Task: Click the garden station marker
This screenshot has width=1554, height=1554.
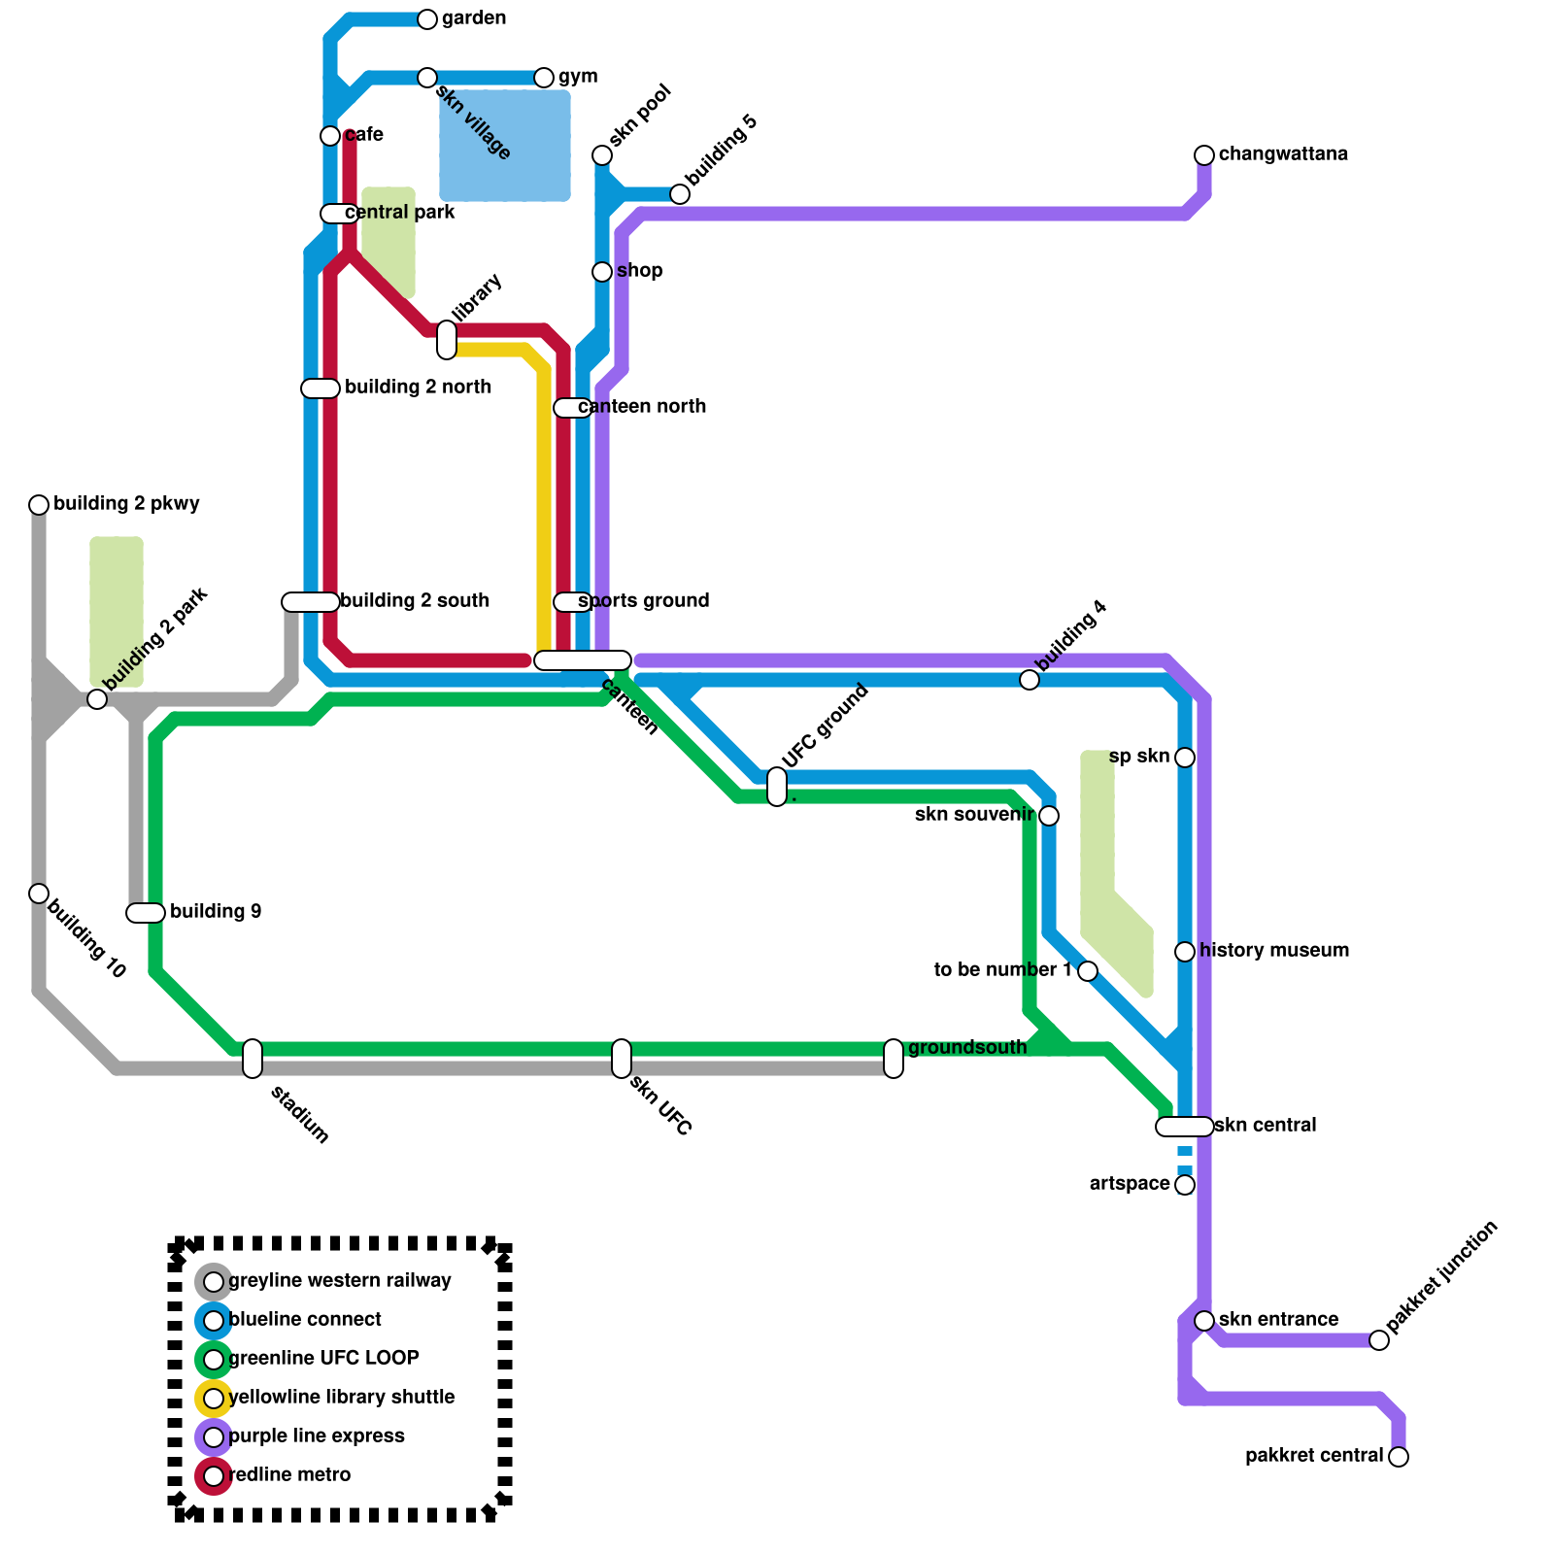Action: tap(427, 19)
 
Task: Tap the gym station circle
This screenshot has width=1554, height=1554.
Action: tap(544, 78)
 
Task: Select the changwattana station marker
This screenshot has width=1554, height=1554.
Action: tap(1204, 155)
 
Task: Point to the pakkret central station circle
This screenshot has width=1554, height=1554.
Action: tap(1399, 1457)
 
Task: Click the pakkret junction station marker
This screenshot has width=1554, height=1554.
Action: tap(1379, 1340)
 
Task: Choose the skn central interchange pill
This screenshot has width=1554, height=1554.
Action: tap(1185, 1127)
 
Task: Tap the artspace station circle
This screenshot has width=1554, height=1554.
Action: tap(1185, 1185)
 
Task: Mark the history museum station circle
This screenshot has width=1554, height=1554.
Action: tap(1185, 952)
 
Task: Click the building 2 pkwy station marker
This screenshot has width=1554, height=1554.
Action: tap(39, 505)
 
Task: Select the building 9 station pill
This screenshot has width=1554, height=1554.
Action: tap(146, 913)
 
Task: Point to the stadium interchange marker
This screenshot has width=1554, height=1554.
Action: tap(253, 1059)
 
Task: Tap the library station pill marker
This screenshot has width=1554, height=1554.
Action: tap(447, 340)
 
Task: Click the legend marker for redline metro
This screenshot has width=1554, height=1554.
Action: tap(214, 1476)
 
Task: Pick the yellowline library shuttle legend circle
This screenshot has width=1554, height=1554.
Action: tap(214, 1399)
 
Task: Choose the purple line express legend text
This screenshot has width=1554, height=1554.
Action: tap(317, 1436)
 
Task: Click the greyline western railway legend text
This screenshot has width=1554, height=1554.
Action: tap(340, 1281)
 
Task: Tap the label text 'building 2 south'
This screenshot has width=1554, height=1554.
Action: tap(415, 601)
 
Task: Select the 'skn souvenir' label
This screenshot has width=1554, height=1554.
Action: tap(974, 815)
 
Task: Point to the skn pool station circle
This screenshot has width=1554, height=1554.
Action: tap(602, 155)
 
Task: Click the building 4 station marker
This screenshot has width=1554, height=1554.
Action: tap(1030, 680)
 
